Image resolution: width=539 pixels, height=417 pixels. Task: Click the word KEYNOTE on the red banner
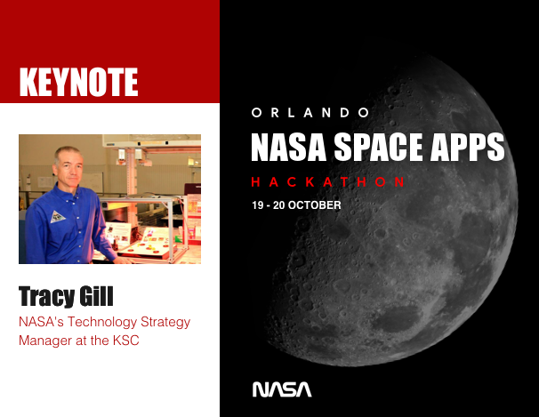point(78,83)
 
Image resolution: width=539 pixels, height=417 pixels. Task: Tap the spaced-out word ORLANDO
point(310,113)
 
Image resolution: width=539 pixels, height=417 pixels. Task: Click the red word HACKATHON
point(328,181)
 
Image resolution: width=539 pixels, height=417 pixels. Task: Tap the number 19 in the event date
point(258,205)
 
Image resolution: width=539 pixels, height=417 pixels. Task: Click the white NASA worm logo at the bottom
point(282,389)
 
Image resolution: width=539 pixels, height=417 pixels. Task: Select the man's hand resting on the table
point(125,259)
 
